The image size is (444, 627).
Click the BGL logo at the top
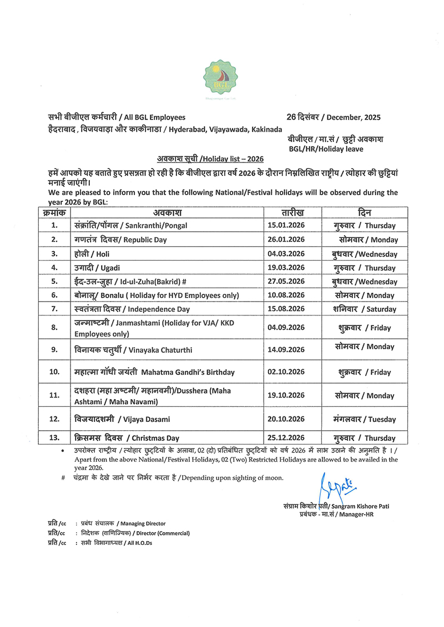221,78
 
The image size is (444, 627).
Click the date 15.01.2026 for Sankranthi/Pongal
286,226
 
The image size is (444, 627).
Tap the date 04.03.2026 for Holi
286,254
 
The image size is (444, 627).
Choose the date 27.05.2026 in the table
286,282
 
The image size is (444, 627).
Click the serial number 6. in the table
54,295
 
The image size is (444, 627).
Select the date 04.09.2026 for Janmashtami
286,328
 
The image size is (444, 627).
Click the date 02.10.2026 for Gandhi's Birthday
286,372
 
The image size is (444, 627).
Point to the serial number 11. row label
54,396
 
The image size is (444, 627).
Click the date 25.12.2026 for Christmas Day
286,438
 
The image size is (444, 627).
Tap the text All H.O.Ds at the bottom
138,543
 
